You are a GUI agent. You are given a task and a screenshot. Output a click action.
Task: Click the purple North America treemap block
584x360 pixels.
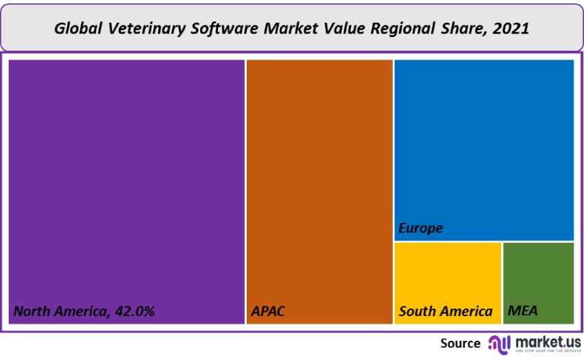tap(127, 178)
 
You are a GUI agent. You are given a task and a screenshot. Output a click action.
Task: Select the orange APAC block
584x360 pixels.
tap(319, 178)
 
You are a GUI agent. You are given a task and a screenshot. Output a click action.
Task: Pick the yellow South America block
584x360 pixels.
tap(448, 274)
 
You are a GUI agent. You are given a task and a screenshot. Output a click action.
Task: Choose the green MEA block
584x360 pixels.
tap(538, 274)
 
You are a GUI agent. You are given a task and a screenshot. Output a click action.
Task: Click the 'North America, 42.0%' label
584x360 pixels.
tap(84, 311)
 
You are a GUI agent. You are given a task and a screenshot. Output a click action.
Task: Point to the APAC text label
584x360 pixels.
tap(268, 311)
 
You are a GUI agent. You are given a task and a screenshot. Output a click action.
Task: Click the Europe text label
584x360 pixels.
tap(421, 228)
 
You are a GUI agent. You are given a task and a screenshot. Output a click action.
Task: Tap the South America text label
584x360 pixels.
tap(446, 311)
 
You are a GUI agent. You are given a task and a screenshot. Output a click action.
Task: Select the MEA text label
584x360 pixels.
tap(523, 311)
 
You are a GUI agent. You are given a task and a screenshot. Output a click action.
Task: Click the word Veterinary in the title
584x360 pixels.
tap(135, 29)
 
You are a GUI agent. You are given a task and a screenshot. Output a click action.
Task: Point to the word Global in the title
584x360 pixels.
tap(75, 29)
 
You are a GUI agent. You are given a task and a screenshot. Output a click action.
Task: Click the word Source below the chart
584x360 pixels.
tap(460, 343)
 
